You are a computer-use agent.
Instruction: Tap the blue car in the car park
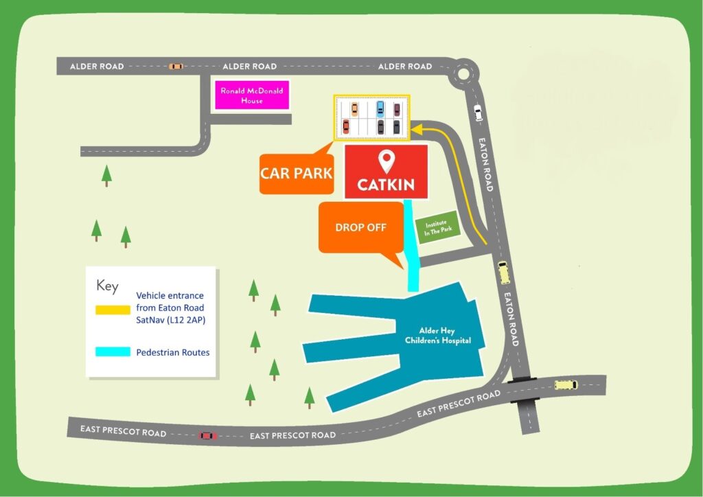380,108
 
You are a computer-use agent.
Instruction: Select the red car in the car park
346,126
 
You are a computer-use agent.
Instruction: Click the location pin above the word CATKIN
387,162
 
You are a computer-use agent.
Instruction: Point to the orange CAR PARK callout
296,173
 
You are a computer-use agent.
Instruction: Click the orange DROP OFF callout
360,228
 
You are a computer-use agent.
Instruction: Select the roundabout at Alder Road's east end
464,72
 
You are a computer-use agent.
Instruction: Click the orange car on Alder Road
176,67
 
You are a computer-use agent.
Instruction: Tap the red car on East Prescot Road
207,435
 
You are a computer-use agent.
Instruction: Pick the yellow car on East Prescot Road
566,385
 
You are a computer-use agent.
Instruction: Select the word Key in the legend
107,285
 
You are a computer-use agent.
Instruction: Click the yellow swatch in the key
113,310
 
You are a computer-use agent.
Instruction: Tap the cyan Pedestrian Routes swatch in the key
113,352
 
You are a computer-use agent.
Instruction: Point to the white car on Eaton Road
478,112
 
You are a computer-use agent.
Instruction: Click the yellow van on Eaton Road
505,272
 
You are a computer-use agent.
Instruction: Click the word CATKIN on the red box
386,185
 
